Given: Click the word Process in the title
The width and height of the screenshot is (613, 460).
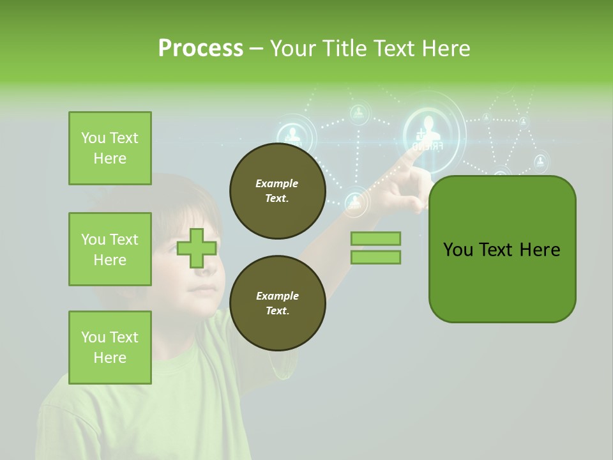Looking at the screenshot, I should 201,49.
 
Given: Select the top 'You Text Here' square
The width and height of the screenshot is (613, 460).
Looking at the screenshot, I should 110,148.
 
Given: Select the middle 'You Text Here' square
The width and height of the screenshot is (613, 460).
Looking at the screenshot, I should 110,249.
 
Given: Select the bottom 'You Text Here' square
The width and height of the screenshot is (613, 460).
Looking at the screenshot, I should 110,348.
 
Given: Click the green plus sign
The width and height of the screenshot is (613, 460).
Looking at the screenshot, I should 197,248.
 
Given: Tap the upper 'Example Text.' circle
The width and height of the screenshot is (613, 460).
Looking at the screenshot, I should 277,191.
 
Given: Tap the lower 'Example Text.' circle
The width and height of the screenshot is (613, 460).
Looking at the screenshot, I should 277,303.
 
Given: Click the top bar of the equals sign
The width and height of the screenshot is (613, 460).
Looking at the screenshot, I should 375,238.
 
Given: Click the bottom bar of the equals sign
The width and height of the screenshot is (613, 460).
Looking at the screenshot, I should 375,257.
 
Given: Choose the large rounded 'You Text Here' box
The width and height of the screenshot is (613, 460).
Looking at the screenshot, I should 502,249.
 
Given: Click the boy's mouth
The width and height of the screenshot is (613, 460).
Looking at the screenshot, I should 203,289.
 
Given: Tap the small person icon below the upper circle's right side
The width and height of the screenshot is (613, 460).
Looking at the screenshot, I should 354,203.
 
